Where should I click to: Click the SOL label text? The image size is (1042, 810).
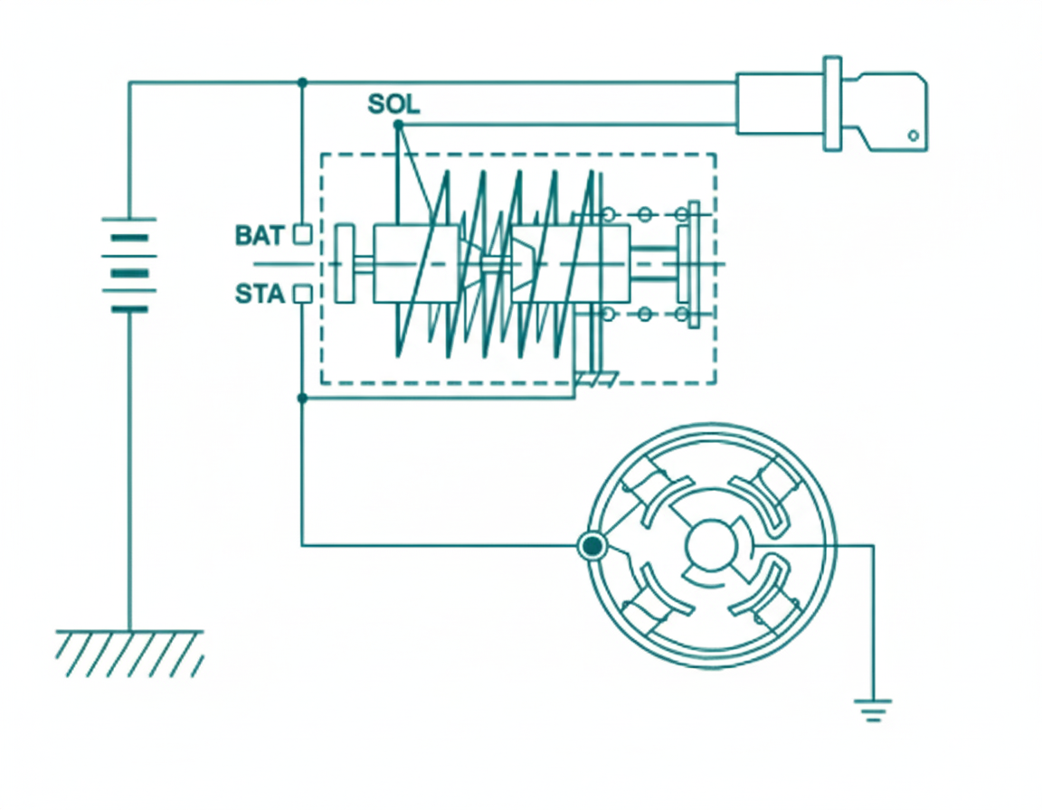[x=393, y=104]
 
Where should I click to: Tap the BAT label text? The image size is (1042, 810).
[x=260, y=236]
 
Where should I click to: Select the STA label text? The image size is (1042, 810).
[x=260, y=295]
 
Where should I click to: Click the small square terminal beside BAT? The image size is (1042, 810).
[x=303, y=234]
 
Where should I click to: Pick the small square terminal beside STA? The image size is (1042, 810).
[x=303, y=294]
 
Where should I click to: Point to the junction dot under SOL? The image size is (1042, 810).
[x=398, y=124]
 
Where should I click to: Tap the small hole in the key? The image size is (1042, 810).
[x=914, y=136]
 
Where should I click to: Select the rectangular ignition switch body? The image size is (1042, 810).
[x=779, y=104]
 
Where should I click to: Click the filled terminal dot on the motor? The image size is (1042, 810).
[x=592, y=546]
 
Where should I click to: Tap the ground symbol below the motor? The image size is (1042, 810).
[x=873, y=709]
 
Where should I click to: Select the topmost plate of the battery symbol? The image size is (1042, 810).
[x=129, y=219]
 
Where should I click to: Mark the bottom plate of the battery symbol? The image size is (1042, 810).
[x=129, y=309]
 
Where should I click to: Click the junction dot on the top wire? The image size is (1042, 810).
[x=302, y=82]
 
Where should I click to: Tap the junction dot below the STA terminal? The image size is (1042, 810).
[x=302, y=397]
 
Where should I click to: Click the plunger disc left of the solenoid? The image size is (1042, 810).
[x=344, y=262]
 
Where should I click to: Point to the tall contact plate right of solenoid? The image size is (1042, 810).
[x=694, y=264]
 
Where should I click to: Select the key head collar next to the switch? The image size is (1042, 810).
[x=832, y=104]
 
